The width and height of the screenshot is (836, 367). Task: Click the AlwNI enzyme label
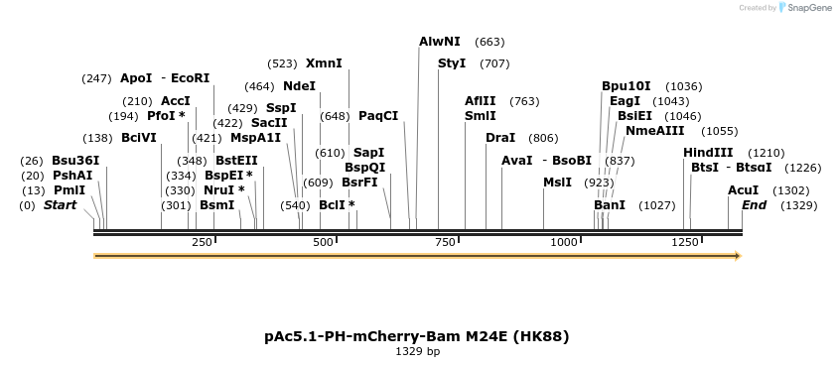click(x=440, y=42)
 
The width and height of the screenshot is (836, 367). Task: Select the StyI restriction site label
click(x=452, y=63)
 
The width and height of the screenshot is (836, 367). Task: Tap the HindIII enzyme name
click(x=708, y=153)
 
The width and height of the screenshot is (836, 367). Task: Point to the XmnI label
click(x=324, y=63)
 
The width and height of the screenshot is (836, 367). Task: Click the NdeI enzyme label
click(x=299, y=86)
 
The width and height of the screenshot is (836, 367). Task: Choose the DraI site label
click(x=500, y=138)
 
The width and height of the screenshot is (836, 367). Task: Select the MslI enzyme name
click(x=557, y=183)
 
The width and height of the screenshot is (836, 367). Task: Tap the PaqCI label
click(x=378, y=116)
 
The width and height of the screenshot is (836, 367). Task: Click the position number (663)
click(x=490, y=42)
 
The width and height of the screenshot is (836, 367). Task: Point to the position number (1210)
click(x=766, y=153)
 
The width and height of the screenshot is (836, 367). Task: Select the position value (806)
click(x=543, y=138)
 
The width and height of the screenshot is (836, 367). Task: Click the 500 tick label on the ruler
click(x=324, y=242)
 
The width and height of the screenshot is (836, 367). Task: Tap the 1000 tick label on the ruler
click(x=565, y=242)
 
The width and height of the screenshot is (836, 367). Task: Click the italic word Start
click(x=60, y=205)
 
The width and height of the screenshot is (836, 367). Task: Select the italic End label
click(x=754, y=205)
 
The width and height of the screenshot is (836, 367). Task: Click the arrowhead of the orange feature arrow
click(x=737, y=256)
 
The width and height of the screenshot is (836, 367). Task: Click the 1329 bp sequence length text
click(x=417, y=351)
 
